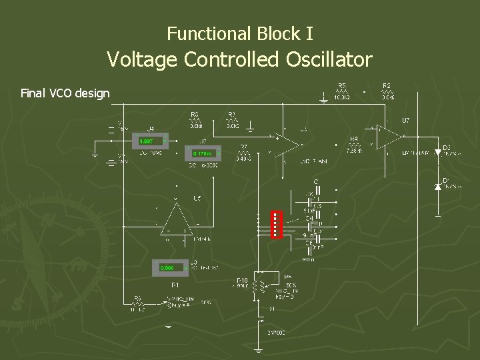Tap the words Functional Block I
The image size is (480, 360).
click(x=240, y=33)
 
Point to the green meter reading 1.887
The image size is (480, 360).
click(x=147, y=141)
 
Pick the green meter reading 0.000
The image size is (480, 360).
click(x=167, y=267)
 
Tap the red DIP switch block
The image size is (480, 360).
click(x=277, y=224)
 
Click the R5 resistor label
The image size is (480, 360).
click(x=342, y=85)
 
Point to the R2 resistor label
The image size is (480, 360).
click(x=387, y=85)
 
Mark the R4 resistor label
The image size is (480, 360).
click(x=354, y=139)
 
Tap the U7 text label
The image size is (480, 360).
click(x=405, y=121)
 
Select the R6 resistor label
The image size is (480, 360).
click(x=137, y=297)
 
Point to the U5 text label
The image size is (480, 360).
click(x=197, y=199)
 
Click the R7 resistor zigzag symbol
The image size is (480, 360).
click(x=244, y=153)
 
